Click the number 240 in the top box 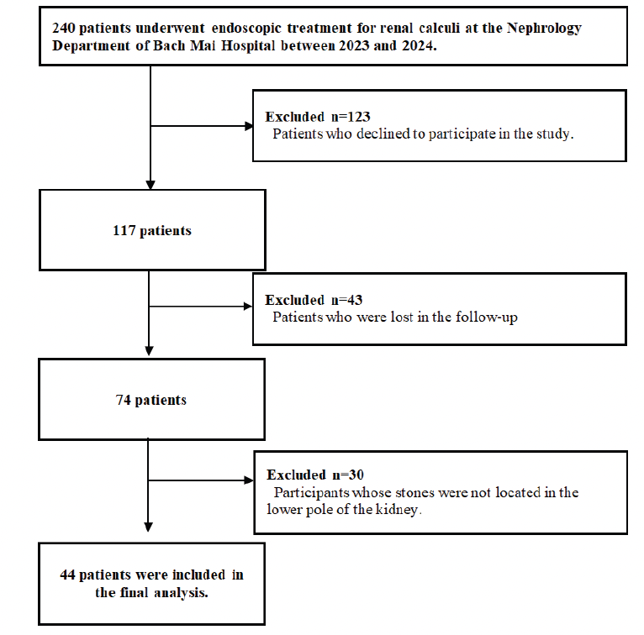pyautogui.click(x=63, y=28)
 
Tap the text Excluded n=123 pyautogui.click(x=318, y=117)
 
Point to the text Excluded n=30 pyautogui.click(x=315, y=475)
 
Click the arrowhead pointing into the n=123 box pyautogui.click(x=248, y=126)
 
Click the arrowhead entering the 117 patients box pyautogui.click(x=150, y=184)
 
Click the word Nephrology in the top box pyautogui.click(x=545, y=28)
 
